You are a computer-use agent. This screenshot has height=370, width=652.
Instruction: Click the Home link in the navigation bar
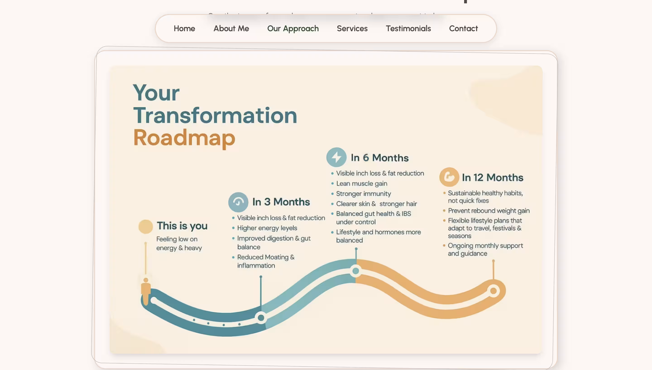click(x=184, y=28)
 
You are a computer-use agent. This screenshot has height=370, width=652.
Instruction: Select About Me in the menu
click(x=231, y=28)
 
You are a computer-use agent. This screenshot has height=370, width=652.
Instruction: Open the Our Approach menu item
click(x=293, y=28)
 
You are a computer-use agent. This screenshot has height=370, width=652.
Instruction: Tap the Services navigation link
click(x=352, y=28)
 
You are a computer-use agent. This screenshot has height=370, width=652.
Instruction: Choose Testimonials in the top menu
click(x=408, y=28)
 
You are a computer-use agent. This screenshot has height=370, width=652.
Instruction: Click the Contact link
click(x=463, y=28)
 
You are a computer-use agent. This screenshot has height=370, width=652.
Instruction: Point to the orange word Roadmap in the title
click(x=184, y=138)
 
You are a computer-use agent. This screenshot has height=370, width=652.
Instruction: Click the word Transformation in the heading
click(x=215, y=115)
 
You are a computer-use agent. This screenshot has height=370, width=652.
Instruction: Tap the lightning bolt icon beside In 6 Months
click(x=336, y=157)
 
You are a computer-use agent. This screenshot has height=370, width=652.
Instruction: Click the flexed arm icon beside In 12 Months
click(x=449, y=177)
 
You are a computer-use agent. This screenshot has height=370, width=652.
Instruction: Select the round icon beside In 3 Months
click(x=238, y=202)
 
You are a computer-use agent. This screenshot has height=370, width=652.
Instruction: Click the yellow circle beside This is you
click(x=145, y=226)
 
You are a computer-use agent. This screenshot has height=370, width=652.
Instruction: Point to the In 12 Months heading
click(x=492, y=177)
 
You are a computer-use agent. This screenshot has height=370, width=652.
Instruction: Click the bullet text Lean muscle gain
click(x=361, y=183)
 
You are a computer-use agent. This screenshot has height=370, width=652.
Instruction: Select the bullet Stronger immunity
click(x=363, y=194)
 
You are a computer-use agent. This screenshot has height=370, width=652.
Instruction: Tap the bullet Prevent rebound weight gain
click(x=489, y=211)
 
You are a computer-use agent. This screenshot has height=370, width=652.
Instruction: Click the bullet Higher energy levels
click(x=267, y=228)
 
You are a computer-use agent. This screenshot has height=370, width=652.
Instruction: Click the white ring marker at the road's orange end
click(x=493, y=291)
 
